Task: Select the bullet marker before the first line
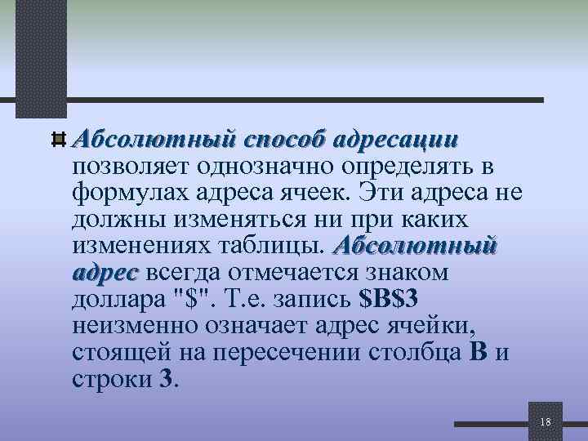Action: click(58, 139)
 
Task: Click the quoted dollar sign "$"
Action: click(191, 296)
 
